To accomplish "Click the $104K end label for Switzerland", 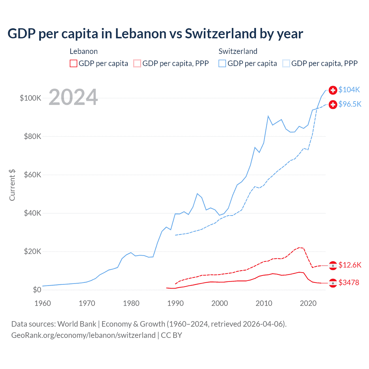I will coord(349,90).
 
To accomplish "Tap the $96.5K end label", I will coord(350,104).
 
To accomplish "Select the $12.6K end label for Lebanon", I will coord(350,265).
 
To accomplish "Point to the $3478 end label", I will coord(349,283).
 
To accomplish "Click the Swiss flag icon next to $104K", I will coord(333,90).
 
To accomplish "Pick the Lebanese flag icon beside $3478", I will coord(333,283).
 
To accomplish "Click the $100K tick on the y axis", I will coord(31,98).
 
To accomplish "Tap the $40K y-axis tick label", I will coord(33,213).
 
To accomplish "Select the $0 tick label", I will coord(37,290).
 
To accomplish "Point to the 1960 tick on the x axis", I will coord(43,303).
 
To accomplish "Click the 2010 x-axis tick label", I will coord(264,303).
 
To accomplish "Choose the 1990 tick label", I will coord(176,303).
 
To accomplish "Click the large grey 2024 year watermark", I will coord(73,97).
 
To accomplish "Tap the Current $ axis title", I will coord(12,185).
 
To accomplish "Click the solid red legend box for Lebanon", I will coord(74,63).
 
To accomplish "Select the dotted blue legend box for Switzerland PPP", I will coord(286,63).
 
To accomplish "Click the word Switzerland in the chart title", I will coord(221,33).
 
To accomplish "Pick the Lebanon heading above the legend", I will coord(84,51).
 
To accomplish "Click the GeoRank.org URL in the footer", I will coord(83,335).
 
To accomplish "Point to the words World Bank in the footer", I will coord(77,324).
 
